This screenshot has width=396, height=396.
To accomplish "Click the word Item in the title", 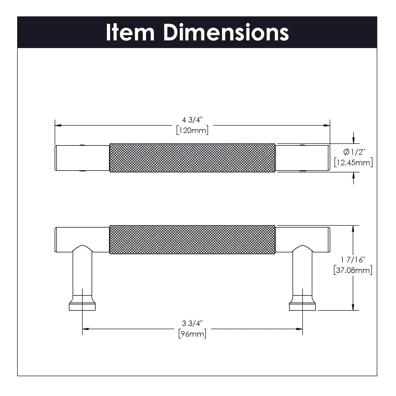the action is click(130, 32).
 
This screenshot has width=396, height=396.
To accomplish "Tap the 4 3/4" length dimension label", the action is click(192, 120).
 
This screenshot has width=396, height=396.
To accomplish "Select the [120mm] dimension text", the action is click(192, 130).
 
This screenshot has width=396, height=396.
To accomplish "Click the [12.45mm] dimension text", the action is click(353, 162).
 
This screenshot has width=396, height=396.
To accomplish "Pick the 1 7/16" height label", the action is click(353, 260).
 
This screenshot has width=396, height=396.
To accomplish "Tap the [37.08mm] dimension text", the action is click(353, 270).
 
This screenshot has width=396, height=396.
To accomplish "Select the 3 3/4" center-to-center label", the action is click(192, 323).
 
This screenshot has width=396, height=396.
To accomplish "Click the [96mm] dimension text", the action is click(192, 334).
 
